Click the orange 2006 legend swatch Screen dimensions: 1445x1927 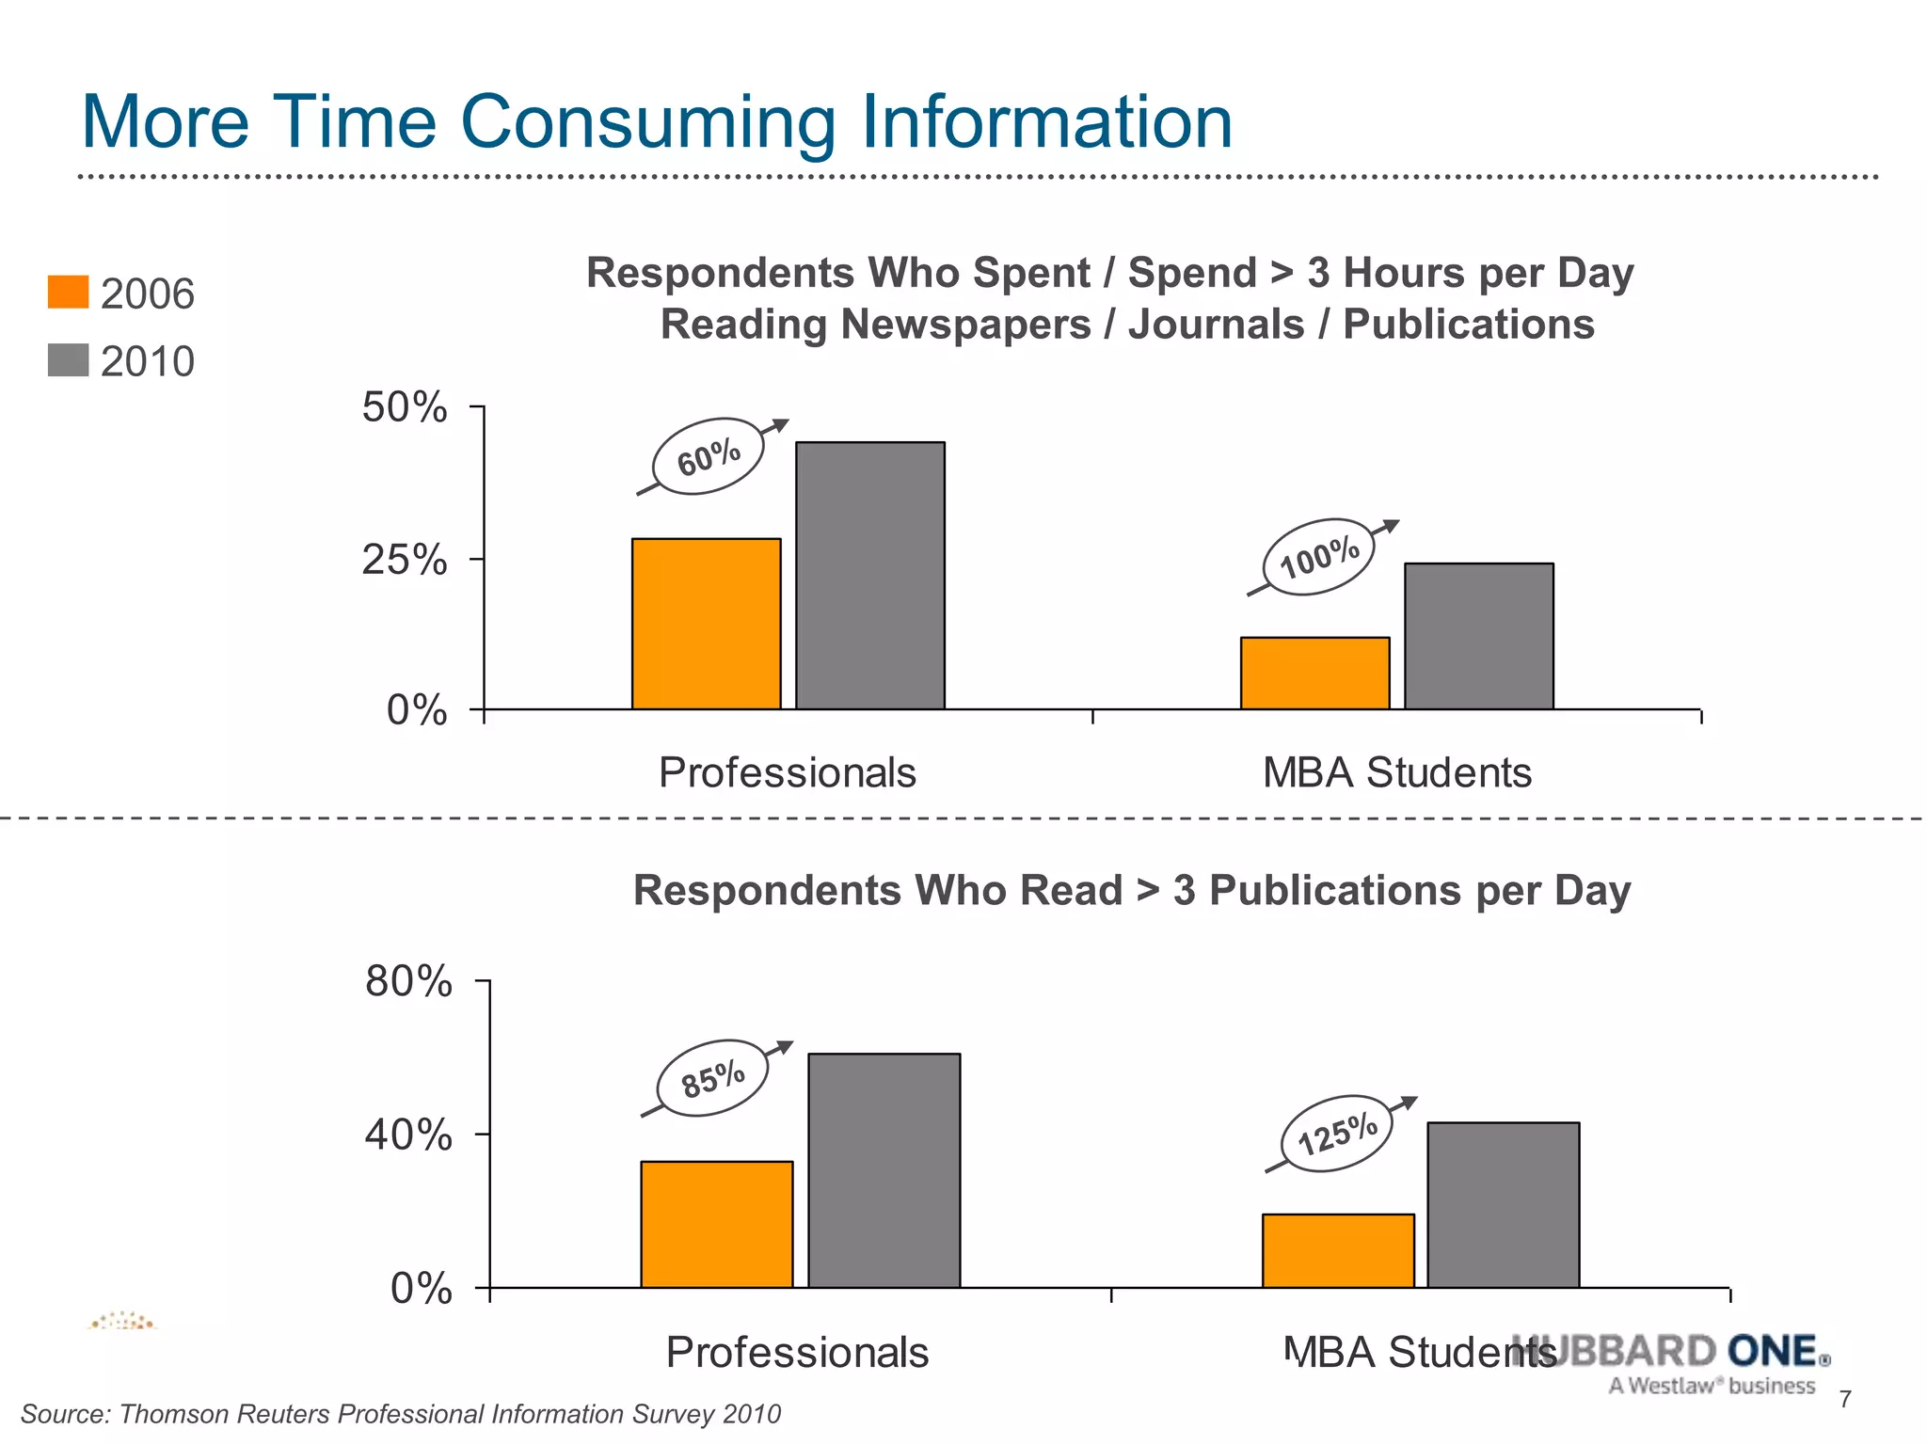coord(68,292)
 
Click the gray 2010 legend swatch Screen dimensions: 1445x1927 coord(68,359)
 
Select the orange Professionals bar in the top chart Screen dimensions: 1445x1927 coord(706,623)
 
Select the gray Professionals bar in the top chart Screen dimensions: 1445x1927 coord(870,575)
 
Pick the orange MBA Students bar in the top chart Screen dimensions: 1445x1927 coord(1314,673)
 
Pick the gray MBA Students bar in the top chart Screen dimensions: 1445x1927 coord(1478,636)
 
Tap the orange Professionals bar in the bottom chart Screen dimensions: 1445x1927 coord(717,1224)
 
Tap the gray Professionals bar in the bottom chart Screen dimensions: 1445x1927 coord(884,1170)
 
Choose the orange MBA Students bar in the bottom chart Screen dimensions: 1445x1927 coord(1338,1250)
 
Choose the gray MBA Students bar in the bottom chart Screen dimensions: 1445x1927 coord(1503,1204)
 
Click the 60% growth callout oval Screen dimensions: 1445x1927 coord(708,456)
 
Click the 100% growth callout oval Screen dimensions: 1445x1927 coord(1319,557)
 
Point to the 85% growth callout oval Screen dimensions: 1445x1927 coord(712,1078)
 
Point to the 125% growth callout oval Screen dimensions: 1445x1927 coord(1337,1134)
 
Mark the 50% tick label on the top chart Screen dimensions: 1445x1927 coord(404,408)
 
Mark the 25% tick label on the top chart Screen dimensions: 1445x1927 coord(404,560)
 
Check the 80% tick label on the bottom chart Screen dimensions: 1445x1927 coord(408,982)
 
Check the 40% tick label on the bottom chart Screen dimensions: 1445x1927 coord(408,1135)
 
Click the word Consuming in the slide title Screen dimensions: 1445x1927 coord(647,122)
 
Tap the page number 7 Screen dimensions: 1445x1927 coord(1845,1399)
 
